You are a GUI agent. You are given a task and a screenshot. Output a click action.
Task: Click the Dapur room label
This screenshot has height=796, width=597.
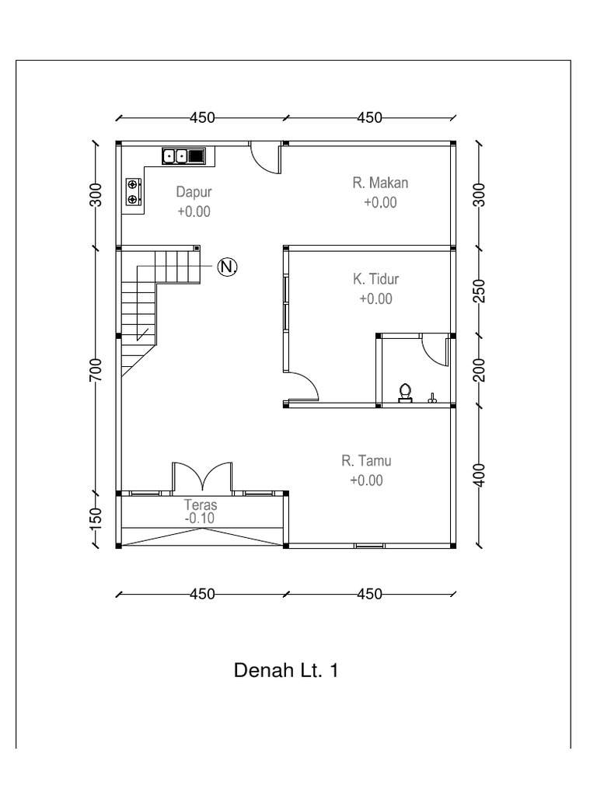[194, 192]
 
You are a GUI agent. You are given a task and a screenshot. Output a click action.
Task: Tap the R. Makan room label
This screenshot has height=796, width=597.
[380, 183]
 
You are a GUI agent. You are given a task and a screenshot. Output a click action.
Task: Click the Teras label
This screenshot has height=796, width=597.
[200, 504]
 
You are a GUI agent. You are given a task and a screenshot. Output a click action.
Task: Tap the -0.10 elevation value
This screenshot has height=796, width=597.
[200, 518]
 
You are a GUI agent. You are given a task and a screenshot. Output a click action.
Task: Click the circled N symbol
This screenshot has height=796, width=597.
[227, 267]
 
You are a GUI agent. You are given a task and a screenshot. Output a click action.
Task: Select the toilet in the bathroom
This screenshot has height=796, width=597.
[405, 393]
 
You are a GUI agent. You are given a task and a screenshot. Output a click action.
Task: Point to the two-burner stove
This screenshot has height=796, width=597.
[133, 192]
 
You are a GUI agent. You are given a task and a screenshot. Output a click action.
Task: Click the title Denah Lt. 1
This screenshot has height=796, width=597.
[287, 670]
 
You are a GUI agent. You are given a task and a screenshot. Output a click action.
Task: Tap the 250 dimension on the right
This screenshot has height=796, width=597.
[480, 291]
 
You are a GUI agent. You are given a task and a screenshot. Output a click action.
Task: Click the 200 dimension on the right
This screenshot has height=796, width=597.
[480, 370]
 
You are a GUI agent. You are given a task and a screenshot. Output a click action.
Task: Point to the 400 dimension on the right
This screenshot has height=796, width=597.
[480, 474]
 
